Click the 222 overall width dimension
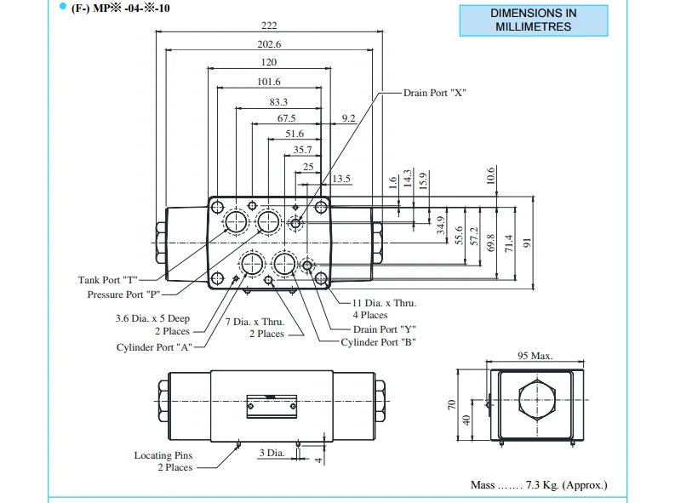(x=269, y=26)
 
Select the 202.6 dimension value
(x=269, y=44)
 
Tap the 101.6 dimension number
(x=269, y=82)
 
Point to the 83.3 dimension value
(x=278, y=101)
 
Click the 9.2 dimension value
(x=348, y=118)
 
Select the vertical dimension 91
(x=526, y=243)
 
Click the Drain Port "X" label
(x=434, y=92)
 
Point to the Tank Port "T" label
(x=107, y=280)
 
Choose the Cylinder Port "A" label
(x=155, y=347)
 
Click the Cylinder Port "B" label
(x=378, y=342)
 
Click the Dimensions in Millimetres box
(x=534, y=20)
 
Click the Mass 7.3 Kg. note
(x=539, y=485)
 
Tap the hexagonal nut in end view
(x=535, y=401)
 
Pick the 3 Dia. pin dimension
(x=271, y=453)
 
